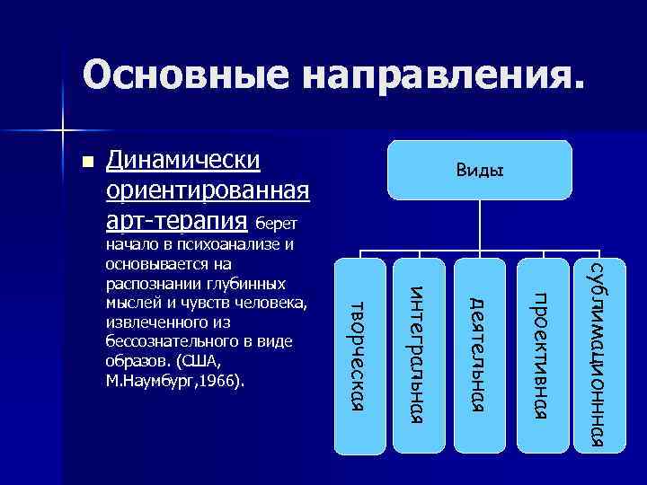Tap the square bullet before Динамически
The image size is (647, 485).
(86, 164)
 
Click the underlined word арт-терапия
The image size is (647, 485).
(177, 220)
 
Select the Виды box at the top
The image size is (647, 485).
(479, 169)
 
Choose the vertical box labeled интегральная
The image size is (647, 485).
(419, 355)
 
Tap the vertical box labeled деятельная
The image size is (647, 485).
(481, 355)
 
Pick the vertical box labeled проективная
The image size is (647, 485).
(542, 355)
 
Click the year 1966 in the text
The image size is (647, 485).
(222, 381)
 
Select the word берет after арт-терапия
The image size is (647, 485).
(281, 223)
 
